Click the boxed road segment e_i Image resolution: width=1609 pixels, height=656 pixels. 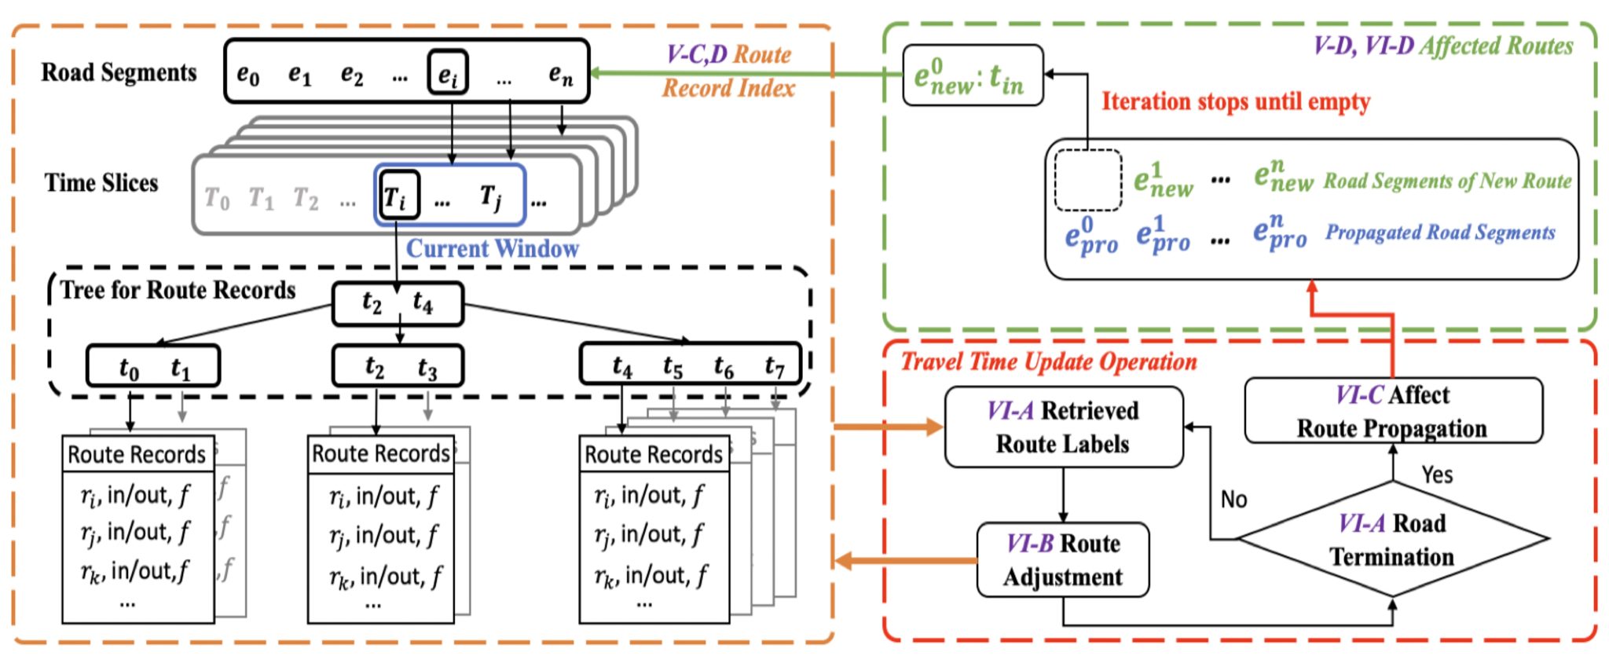pyautogui.click(x=448, y=73)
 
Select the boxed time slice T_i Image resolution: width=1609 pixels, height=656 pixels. pyautogui.click(x=396, y=195)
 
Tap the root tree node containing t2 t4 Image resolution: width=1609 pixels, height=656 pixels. pyautogui.click(x=398, y=303)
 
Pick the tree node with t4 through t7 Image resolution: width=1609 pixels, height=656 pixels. pyautogui.click(x=691, y=365)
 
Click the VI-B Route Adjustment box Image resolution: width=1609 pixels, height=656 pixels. pyautogui.click(x=1062, y=560)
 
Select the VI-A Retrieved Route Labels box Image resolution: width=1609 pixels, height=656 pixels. pyautogui.click(x=1063, y=427)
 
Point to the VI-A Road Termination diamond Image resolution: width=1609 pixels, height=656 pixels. pyautogui.click(x=1391, y=540)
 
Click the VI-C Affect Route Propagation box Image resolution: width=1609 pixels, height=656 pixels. pyautogui.click(x=1392, y=411)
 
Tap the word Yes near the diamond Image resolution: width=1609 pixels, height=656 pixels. pyautogui.click(x=1437, y=475)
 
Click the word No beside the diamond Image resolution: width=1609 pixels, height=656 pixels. pyautogui.click(x=1233, y=500)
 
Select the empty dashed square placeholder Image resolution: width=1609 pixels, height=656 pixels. pyautogui.click(x=1087, y=180)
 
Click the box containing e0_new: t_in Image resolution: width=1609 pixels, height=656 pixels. pyautogui.click(x=973, y=76)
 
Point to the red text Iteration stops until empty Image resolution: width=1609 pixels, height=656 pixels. pyautogui.click(x=1235, y=101)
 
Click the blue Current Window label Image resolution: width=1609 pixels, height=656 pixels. pyautogui.click(x=492, y=249)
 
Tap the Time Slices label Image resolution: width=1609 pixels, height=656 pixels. pyautogui.click(x=101, y=183)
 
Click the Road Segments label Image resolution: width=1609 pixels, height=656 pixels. pyautogui.click(x=119, y=72)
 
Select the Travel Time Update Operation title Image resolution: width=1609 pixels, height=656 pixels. pyautogui.click(x=1048, y=361)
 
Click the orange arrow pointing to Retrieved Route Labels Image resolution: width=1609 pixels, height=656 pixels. pyautogui.click(x=888, y=427)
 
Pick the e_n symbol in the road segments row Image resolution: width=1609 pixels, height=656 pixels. pyautogui.click(x=560, y=75)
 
